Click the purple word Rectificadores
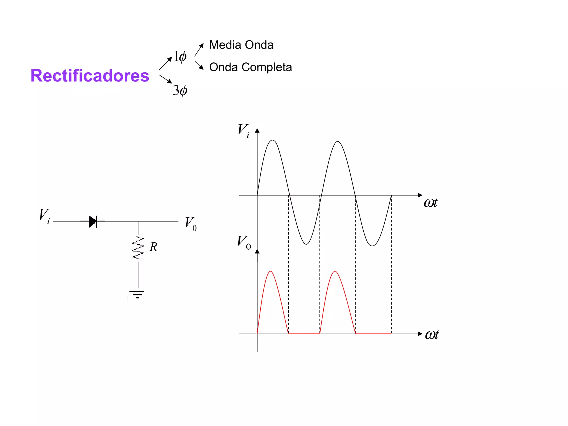90,75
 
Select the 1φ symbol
180,57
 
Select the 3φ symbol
180,90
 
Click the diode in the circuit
93,221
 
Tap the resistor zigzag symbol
138,248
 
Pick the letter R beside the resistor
153,247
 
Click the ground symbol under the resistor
137,294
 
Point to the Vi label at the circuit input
44,216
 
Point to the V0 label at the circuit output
191,224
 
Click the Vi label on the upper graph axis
244,130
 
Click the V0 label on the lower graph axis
244,242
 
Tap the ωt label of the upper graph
430,203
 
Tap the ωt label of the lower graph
432,335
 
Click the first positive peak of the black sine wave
273,140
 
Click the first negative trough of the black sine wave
306,244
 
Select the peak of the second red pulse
335,271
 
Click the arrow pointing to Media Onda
199,50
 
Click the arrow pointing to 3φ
165,79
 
